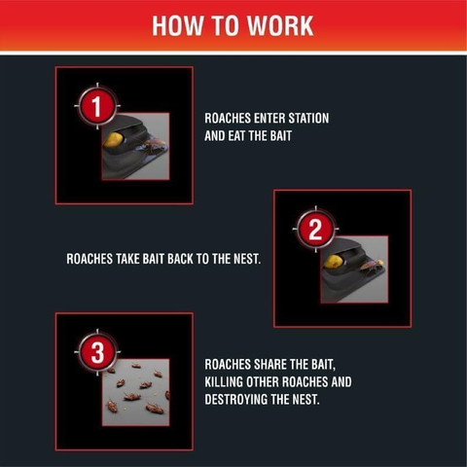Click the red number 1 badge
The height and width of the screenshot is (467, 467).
[x=97, y=106]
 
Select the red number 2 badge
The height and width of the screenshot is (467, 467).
[x=315, y=230]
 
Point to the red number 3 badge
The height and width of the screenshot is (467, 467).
[x=97, y=352]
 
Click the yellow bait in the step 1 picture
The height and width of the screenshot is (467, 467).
[x=114, y=140]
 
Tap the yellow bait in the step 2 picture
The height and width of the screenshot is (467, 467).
[x=334, y=262]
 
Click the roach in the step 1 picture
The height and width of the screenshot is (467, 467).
[x=155, y=145]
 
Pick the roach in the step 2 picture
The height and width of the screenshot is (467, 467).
[x=372, y=266]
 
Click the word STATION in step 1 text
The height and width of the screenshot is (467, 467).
[x=308, y=119]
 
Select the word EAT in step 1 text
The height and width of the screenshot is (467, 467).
[x=236, y=136]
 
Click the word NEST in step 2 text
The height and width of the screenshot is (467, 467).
[x=247, y=259]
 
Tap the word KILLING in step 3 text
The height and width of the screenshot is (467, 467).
[x=224, y=382]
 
